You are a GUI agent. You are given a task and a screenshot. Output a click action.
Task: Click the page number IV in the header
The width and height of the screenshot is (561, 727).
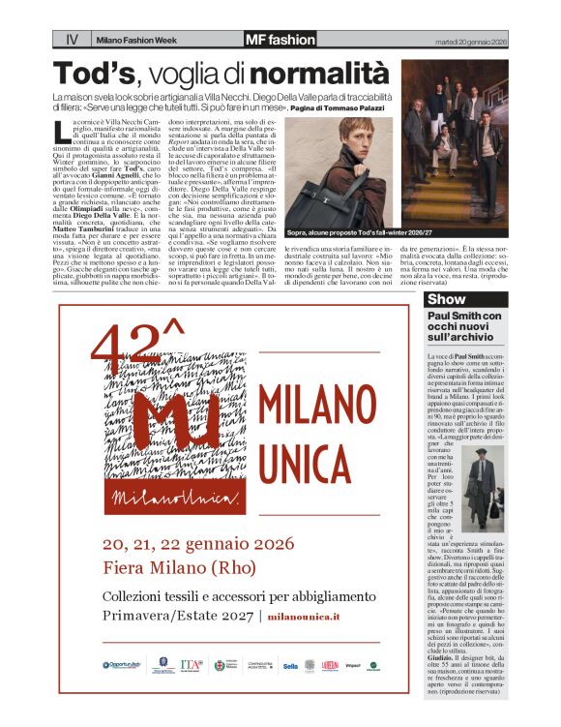(x=72, y=40)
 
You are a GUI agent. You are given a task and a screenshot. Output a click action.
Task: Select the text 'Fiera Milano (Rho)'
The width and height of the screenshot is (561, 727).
(x=173, y=569)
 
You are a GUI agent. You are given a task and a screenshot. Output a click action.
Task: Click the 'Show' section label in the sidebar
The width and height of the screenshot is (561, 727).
(x=446, y=299)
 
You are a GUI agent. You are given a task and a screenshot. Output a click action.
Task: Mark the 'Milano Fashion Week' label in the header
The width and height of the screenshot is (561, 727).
(x=134, y=41)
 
